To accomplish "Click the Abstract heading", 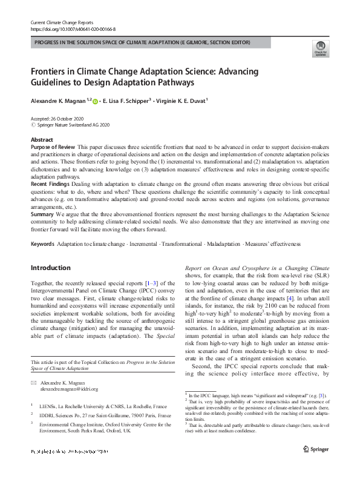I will coord(42,139).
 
